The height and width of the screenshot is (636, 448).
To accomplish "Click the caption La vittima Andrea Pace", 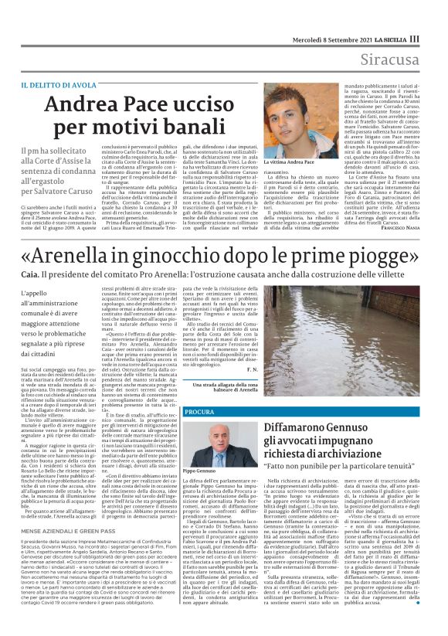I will point(289,162).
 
